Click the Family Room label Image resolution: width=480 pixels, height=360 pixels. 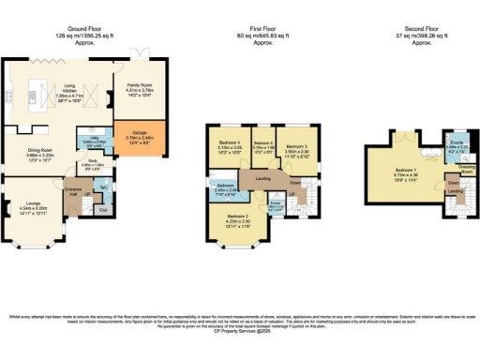pyautogui.click(x=139, y=88)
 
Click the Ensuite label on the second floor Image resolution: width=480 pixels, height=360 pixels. pyautogui.click(x=455, y=143)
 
